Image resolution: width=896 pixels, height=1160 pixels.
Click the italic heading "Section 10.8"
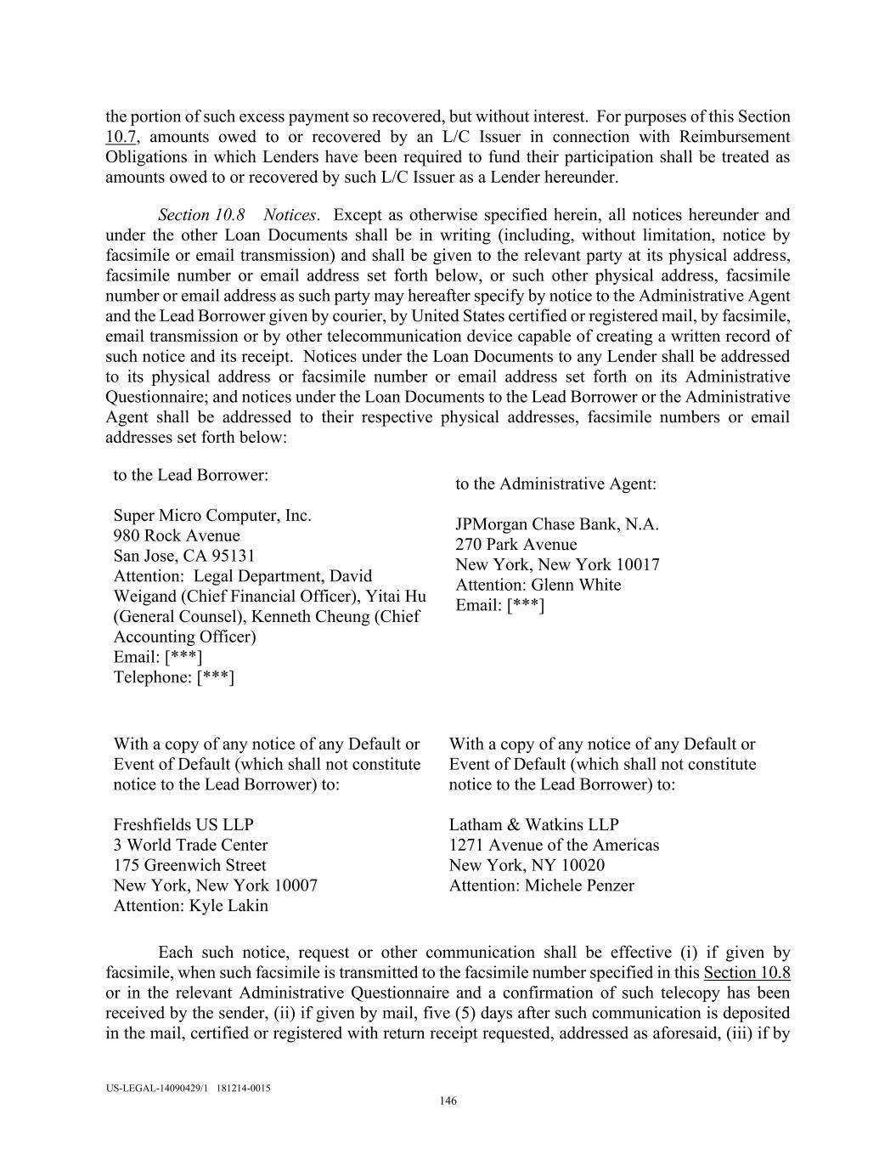tap(201, 215)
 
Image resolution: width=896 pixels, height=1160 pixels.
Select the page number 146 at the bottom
tap(448, 1101)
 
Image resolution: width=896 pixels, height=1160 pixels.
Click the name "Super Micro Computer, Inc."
tap(212, 516)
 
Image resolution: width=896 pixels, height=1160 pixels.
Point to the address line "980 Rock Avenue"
tap(177, 535)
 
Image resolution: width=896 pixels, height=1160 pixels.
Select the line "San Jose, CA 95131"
tap(184, 556)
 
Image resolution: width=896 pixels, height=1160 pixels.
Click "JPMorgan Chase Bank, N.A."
tap(557, 524)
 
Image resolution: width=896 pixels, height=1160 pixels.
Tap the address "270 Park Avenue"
tap(516, 545)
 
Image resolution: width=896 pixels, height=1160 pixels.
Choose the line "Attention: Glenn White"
tap(538, 585)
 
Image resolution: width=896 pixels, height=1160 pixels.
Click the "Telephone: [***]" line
tap(174, 677)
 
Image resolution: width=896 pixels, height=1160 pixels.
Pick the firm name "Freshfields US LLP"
tap(183, 824)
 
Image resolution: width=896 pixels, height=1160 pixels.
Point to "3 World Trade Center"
tap(190, 845)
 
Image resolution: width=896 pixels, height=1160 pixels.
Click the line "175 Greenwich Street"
tap(189, 865)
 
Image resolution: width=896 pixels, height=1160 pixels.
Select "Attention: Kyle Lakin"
tap(190, 906)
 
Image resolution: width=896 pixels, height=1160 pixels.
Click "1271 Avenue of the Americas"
tap(554, 845)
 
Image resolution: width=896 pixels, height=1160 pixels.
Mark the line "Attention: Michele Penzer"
tap(542, 886)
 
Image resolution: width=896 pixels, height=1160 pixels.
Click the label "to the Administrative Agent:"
tap(555, 484)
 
